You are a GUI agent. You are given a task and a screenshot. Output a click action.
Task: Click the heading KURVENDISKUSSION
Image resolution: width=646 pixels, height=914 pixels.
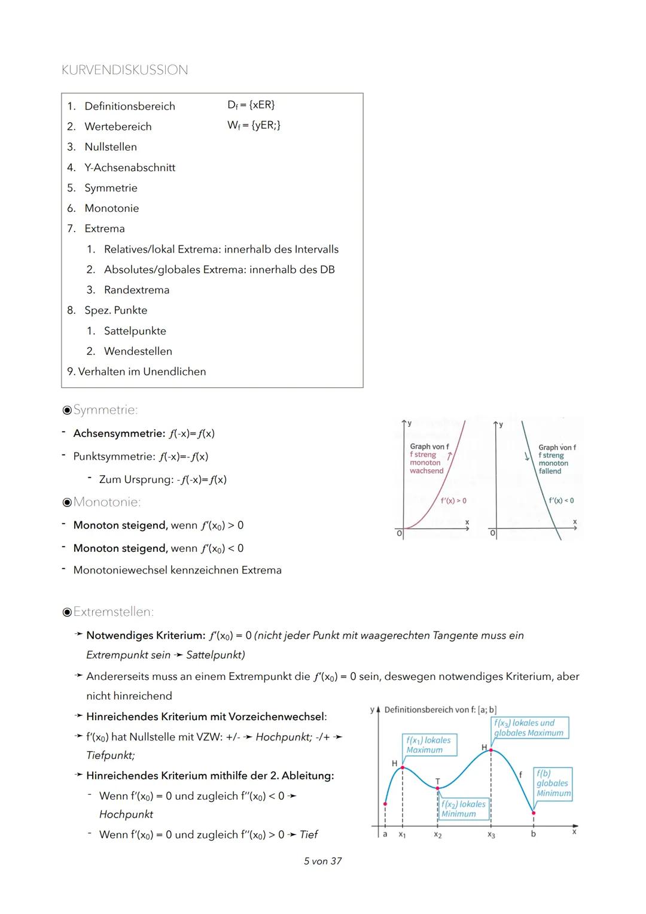pyautogui.click(x=124, y=70)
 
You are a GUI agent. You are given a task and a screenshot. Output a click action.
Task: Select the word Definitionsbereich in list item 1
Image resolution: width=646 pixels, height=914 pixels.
pyautogui.click(x=130, y=106)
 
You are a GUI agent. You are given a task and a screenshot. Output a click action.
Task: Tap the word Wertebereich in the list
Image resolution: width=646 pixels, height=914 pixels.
pyautogui.click(x=118, y=126)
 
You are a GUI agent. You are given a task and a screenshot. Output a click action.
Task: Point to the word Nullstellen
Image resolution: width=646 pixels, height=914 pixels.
pyautogui.click(x=111, y=147)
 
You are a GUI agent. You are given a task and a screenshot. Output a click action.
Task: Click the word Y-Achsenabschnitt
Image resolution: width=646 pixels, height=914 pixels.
pyautogui.click(x=130, y=168)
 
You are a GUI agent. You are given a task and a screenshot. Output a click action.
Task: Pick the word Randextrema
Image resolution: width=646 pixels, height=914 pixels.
pyautogui.click(x=136, y=290)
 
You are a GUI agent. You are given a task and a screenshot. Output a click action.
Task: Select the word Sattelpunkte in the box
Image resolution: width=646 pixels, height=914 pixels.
pyautogui.click(x=135, y=330)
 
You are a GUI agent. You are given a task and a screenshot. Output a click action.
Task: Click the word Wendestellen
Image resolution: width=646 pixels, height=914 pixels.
pyautogui.click(x=138, y=351)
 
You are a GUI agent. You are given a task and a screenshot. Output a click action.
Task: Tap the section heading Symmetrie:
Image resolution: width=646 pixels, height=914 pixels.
pyautogui.click(x=105, y=410)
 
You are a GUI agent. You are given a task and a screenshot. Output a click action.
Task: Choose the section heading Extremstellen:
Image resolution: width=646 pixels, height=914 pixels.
pyautogui.click(x=114, y=612)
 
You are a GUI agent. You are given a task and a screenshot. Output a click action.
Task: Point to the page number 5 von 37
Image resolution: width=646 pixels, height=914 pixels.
pyautogui.click(x=322, y=861)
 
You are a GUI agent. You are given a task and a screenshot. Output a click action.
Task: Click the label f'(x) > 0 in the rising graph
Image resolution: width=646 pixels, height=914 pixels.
pyautogui.click(x=453, y=500)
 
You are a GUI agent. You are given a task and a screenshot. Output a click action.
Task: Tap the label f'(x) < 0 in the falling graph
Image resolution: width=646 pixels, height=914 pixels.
pyautogui.click(x=561, y=500)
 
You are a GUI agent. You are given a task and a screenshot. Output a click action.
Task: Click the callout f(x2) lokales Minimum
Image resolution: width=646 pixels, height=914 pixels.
pyautogui.click(x=464, y=809)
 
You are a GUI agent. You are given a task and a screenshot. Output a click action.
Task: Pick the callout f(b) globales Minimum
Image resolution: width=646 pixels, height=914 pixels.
pyautogui.click(x=553, y=783)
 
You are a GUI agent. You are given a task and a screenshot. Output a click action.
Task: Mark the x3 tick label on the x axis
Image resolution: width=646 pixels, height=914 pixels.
pyautogui.click(x=491, y=835)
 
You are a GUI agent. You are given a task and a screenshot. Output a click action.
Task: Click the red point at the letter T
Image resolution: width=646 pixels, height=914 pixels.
pyautogui.click(x=437, y=788)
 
